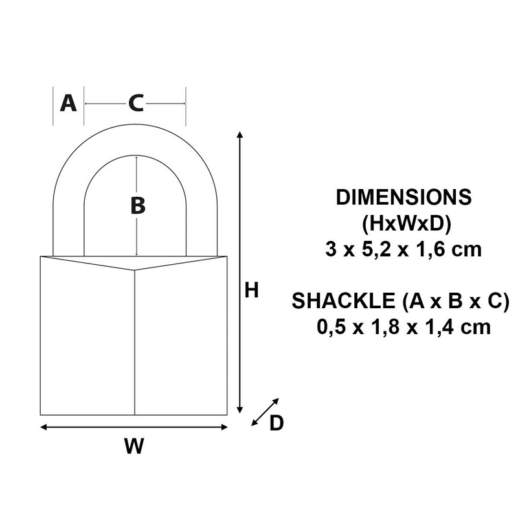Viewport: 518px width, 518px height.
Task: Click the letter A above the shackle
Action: (x=68, y=103)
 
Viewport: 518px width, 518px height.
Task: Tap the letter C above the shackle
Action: (x=136, y=103)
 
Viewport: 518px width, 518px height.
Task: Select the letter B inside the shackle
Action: (x=137, y=206)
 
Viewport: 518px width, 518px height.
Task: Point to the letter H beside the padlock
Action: (x=251, y=291)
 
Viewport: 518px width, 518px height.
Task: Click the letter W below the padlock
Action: (x=134, y=446)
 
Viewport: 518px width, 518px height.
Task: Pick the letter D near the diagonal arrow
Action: (x=276, y=423)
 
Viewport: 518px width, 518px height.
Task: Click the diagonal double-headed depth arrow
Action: (x=265, y=412)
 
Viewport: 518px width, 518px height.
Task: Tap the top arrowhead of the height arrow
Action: (x=240, y=134)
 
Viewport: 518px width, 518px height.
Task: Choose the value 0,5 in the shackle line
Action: (x=332, y=327)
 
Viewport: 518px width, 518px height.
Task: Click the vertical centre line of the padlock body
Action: (x=135, y=343)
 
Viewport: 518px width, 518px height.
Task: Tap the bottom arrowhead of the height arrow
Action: (x=240, y=410)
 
